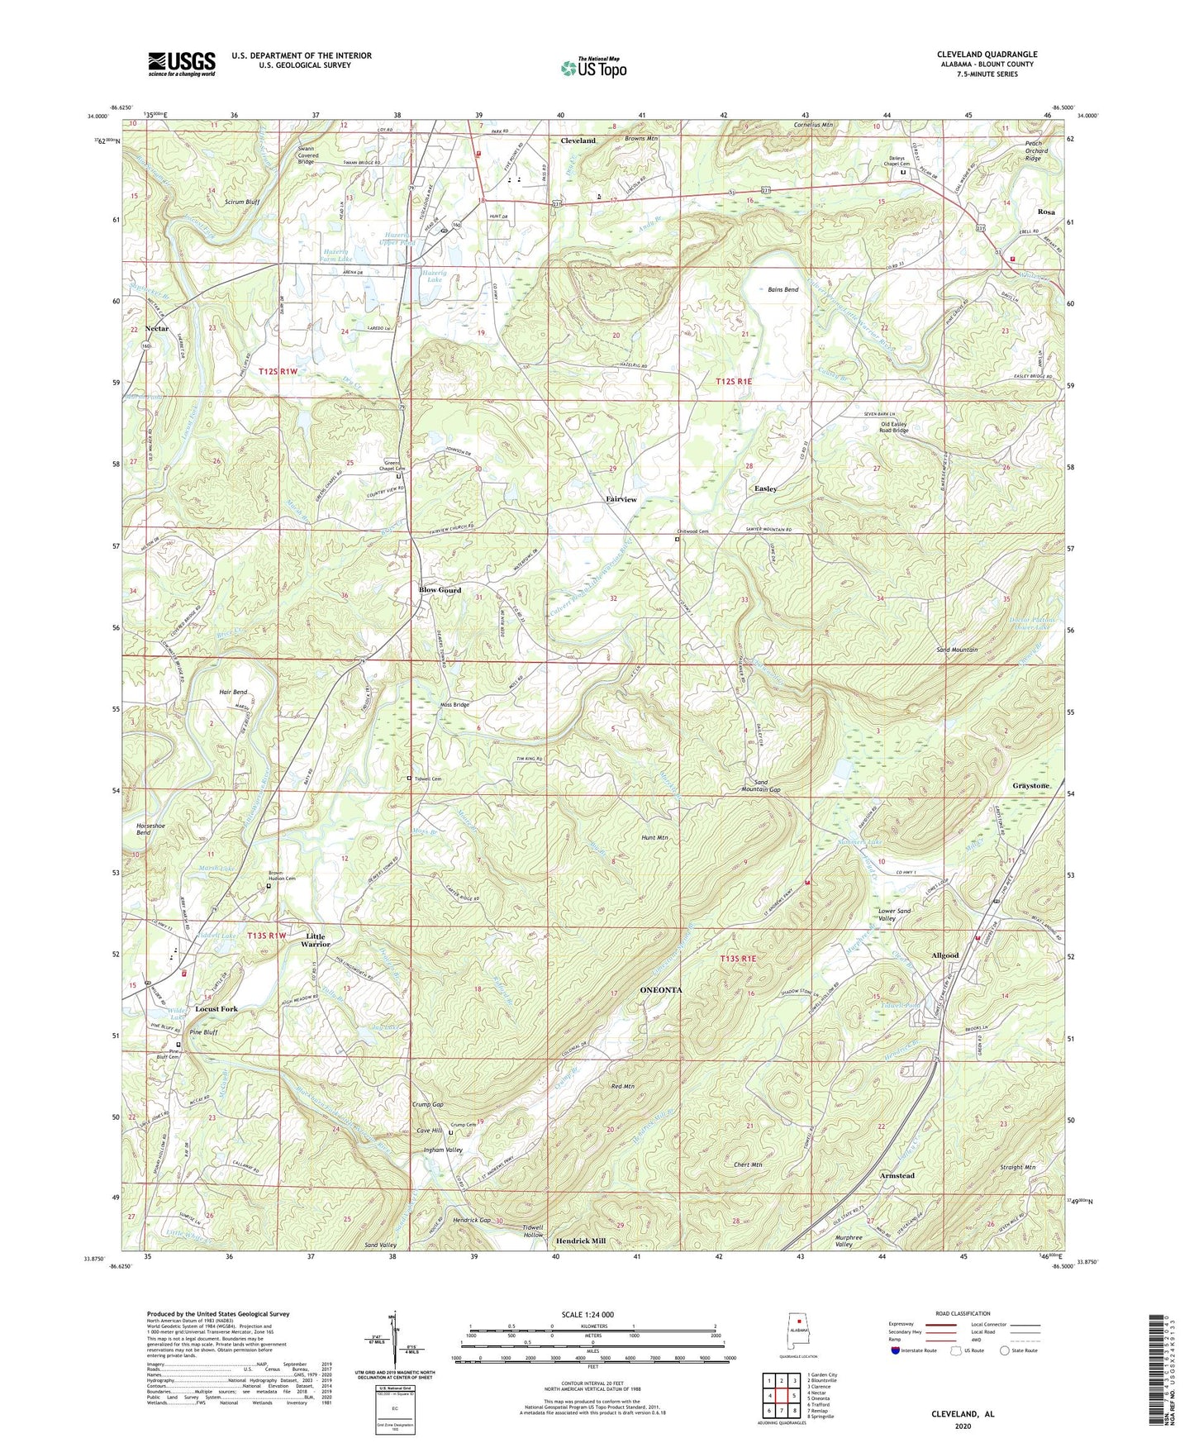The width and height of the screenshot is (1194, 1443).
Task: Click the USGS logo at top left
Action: tap(181, 64)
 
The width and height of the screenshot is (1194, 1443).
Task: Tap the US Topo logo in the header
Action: tap(592, 68)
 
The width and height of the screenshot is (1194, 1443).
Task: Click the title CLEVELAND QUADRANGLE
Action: tap(987, 55)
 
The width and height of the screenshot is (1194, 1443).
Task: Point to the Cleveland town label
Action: tap(578, 140)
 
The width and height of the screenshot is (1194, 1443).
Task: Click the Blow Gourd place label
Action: tap(440, 590)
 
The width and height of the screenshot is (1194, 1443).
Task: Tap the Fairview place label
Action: tap(621, 500)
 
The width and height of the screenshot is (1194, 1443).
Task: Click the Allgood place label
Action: tap(944, 955)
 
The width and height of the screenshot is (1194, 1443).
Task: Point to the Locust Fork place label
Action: tap(216, 1009)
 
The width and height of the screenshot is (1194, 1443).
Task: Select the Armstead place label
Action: tap(897, 1175)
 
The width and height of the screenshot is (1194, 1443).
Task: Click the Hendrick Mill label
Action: tap(580, 1241)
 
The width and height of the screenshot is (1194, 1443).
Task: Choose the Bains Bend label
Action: tap(783, 290)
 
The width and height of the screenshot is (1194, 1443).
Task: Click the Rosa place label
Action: tap(1045, 212)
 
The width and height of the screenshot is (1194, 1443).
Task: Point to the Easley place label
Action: tap(765, 488)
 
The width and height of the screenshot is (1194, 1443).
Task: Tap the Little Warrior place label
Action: tap(315, 940)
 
